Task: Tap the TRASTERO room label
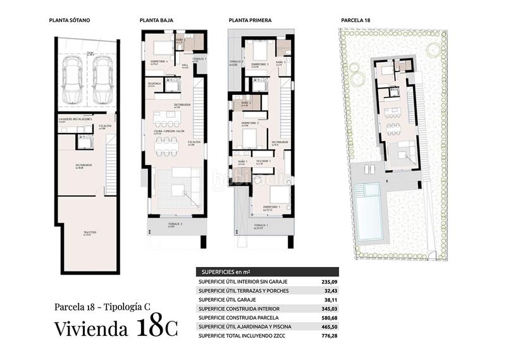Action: [90, 233]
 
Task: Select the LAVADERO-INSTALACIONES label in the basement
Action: [76, 119]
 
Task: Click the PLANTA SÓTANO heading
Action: [70, 20]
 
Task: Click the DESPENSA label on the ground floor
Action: [154, 84]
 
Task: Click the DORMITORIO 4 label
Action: [159, 61]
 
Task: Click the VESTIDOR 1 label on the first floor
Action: [263, 161]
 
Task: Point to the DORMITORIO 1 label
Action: [272, 207]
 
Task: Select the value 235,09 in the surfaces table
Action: [326, 281]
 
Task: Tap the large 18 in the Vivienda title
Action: [150, 328]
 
